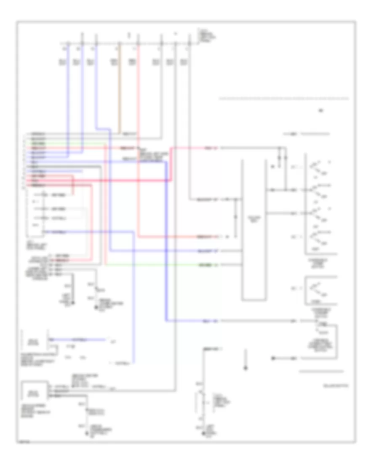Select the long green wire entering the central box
click(168, 265)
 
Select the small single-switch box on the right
click(321, 291)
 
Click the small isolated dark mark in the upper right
click(321, 111)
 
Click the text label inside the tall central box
click(254, 218)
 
